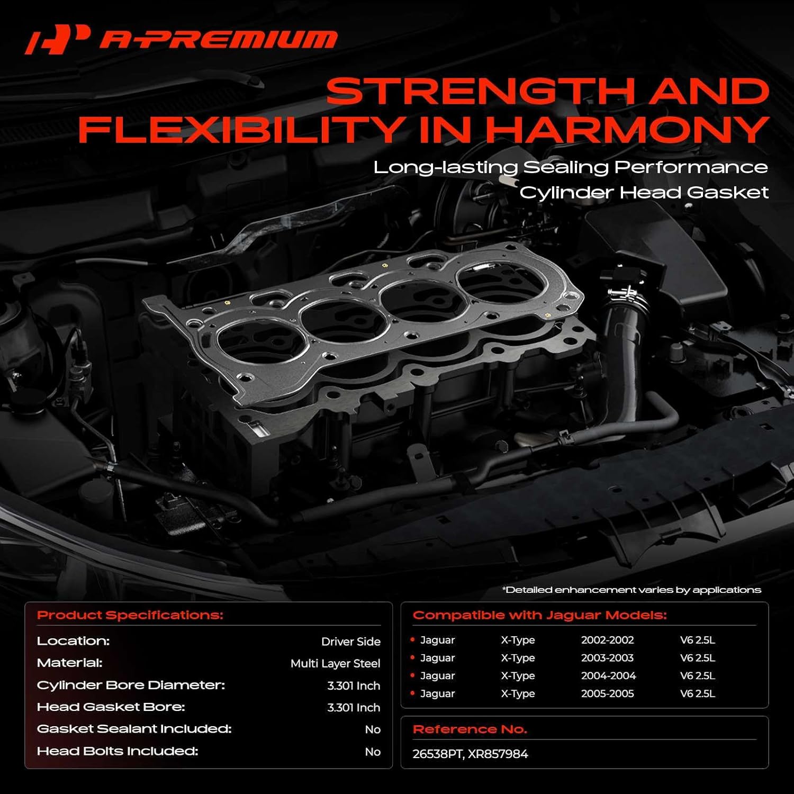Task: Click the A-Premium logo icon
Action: click(57, 39)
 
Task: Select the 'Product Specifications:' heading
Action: click(130, 615)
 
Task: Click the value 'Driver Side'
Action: click(350, 642)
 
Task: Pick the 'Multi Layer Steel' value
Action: click(335, 663)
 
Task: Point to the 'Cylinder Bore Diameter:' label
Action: click(131, 685)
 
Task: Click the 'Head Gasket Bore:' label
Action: click(111, 707)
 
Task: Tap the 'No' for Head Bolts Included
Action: click(373, 752)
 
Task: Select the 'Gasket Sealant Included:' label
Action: click(134, 729)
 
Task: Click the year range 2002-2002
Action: click(607, 640)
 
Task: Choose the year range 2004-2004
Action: click(608, 676)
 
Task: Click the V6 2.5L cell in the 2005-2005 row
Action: click(697, 693)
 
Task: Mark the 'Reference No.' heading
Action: click(470, 729)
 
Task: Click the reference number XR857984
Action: click(498, 754)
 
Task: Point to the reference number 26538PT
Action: click(437, 754)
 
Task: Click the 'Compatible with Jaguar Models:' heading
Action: click(539, 615)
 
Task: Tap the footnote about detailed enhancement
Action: click(631, 590)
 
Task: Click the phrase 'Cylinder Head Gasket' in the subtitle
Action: click(644, 192)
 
